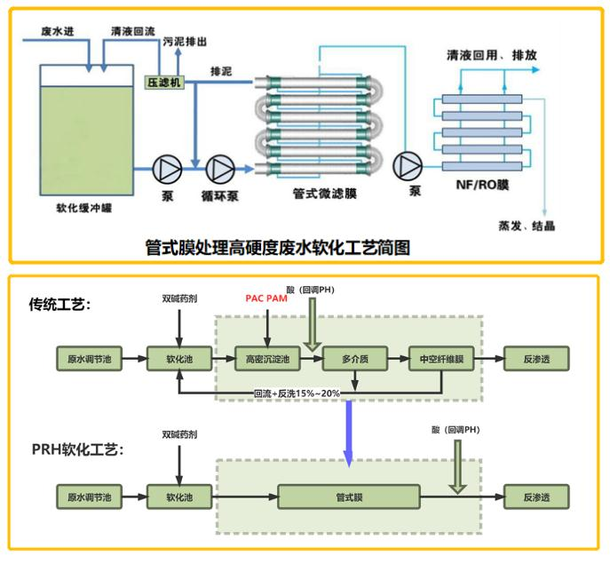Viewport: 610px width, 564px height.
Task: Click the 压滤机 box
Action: [x=163, y=81]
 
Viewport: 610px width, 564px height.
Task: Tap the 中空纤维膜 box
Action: [x=441, y=360]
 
